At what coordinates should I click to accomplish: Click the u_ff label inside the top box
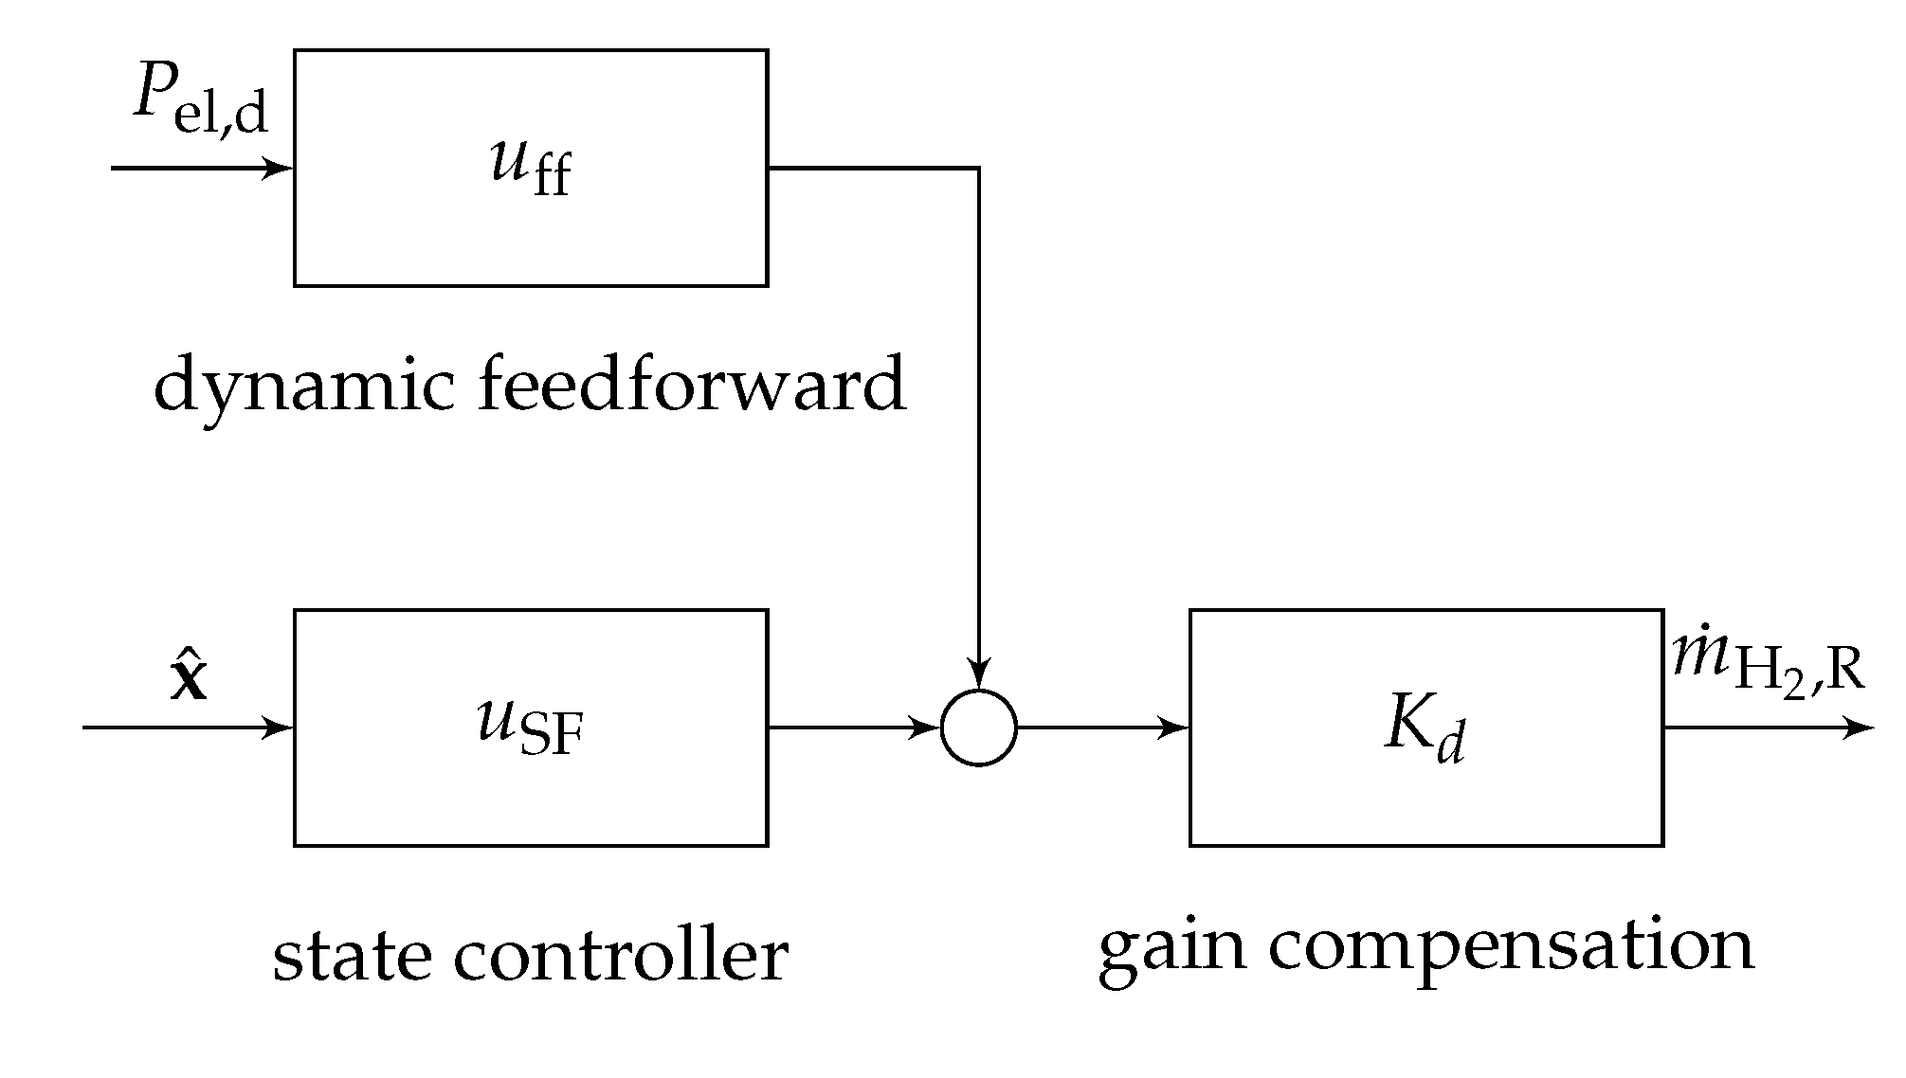click(531, 169)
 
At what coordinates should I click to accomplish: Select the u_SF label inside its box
click(531, 729)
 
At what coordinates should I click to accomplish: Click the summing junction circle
click(979, 728)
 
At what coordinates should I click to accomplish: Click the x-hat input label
click(189, 675)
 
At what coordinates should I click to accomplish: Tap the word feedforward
click(692, 385)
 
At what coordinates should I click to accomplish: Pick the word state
click(347, 955)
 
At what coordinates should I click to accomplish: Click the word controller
click(621, 955)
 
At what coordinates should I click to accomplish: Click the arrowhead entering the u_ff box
click(280, 169)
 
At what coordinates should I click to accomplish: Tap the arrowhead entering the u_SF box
click(280, 728)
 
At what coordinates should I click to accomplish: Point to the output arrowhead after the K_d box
click(1861, 728)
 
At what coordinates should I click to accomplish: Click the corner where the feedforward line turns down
click(979, 169)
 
